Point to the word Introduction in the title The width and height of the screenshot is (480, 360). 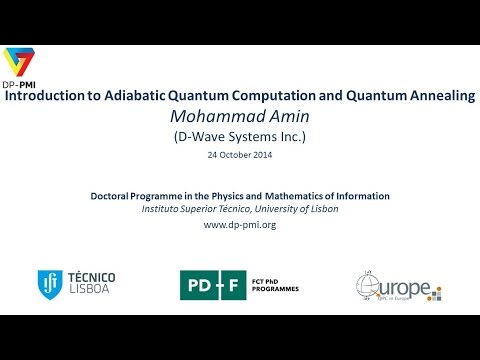[46, 99]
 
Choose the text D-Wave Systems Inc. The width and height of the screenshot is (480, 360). [239, 137]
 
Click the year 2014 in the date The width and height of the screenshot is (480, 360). [260, 155]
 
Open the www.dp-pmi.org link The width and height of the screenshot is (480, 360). [239, 225]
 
